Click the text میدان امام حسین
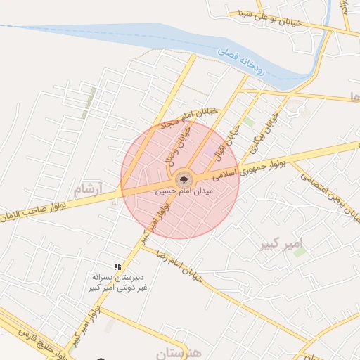[184, 190]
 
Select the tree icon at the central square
[184, 179]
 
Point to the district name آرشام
[88, 188]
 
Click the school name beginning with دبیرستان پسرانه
[117, 283]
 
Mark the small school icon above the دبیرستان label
[117, 267]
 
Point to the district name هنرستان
[176, 352]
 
